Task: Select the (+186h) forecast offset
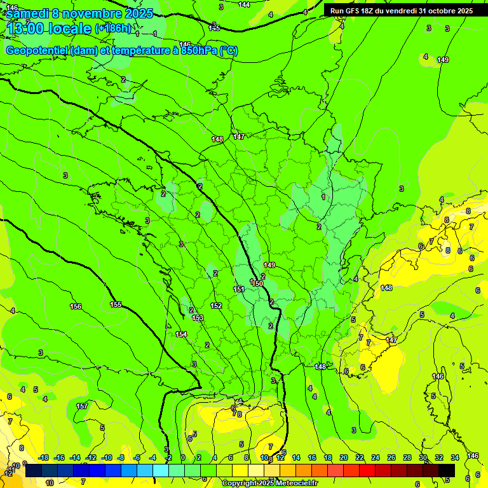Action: tap(113, 29)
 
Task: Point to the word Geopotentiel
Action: tap(37, 51)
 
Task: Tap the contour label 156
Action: tap(76, 306)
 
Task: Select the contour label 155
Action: tap(116, 304)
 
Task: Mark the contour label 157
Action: tap(82, 406)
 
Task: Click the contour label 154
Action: tap(181, 334)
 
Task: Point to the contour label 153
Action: tap(198, 318)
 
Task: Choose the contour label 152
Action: tap(216, 306)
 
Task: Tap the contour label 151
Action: tap(239, 289)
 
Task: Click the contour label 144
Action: tap(244, 4)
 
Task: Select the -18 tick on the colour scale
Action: tap(44, 457)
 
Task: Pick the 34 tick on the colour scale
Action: tap(455, 457)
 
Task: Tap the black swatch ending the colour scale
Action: tap(447, 470)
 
